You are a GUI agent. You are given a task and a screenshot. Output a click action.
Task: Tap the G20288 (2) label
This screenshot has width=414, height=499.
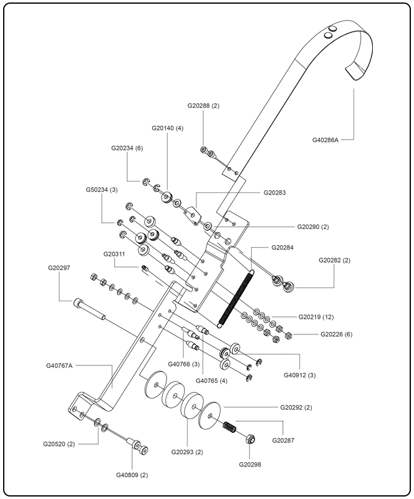[x=203, y=106]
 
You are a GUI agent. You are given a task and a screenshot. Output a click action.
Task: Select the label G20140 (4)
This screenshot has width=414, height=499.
[x=167, y=128]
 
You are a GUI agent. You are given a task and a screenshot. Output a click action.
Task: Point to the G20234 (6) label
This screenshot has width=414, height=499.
[x=127, y=148]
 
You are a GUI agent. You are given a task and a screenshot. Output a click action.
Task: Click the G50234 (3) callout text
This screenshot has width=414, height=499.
[x=102, y=190]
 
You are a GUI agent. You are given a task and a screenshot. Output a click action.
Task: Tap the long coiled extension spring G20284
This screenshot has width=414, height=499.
[x=236, y=296]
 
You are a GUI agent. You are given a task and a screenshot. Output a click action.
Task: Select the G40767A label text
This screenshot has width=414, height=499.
[x=60, y=365]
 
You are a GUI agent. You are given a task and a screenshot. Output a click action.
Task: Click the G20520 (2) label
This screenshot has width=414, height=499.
[x=59, y=444]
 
